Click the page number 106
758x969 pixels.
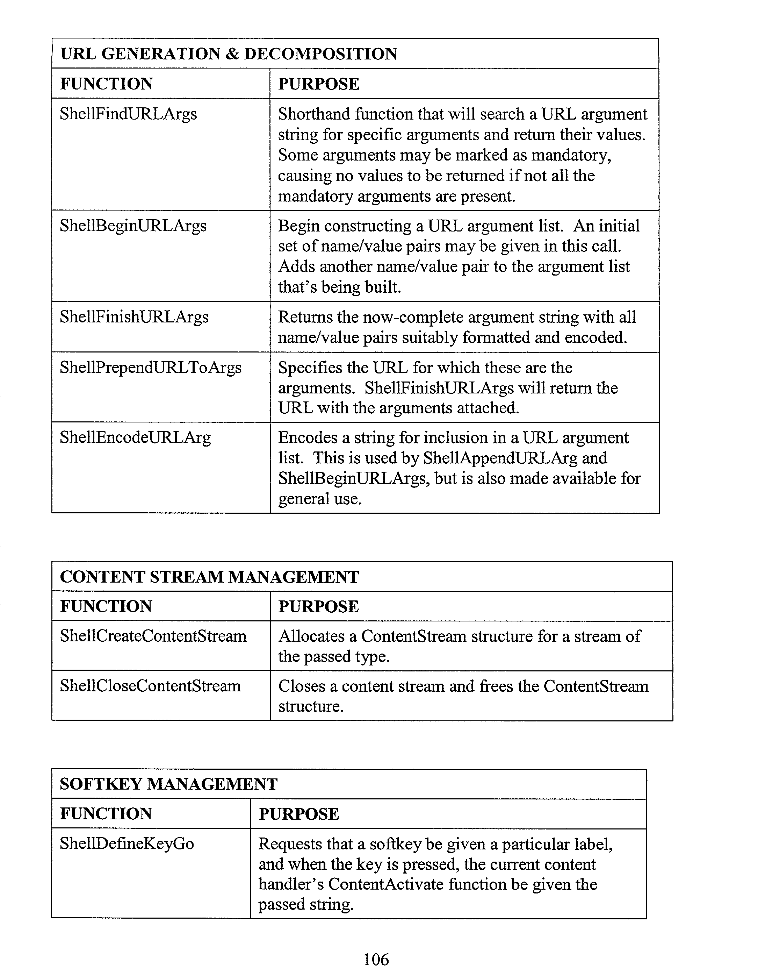click(x=376, y=959)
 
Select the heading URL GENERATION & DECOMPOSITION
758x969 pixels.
click(x=228, y=54)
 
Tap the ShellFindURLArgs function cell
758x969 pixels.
click(x=128, y=114)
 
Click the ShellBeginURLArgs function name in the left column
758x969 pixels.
click(x=133, y=226)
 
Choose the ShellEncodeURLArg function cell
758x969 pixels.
click(x=135, y=437)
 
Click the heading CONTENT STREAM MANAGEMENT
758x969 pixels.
click(x=209, y=577)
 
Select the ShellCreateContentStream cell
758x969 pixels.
click(x=153, y=636)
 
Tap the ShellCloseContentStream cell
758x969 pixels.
click(x=150, y=686)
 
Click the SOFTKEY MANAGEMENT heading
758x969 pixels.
click(x=169, y=784)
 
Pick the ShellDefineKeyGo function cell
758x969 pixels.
click(x=127, y=843)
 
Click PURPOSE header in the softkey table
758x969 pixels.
click(x=299, y=814)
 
